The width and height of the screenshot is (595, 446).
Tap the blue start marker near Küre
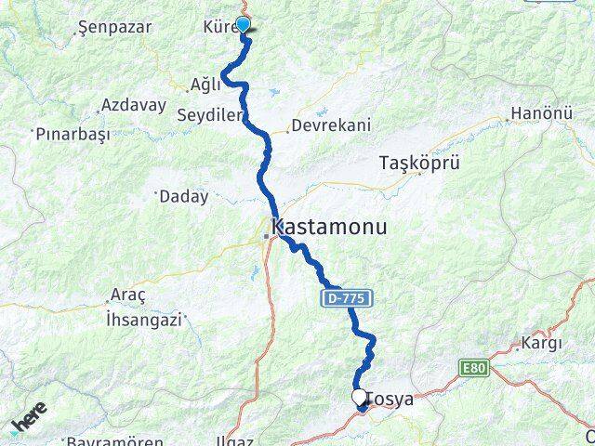[x=244, y=25]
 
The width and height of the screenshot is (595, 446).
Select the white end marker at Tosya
[x=360, y=397]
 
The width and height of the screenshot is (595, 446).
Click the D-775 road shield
[x=350, y=298]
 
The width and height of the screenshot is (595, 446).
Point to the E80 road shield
[x=473, y=368]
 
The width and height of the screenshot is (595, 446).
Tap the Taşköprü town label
[x=419, y=164]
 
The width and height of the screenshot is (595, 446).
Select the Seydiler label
[x=208, y=115]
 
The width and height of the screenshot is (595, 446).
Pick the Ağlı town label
[x=205, y=85]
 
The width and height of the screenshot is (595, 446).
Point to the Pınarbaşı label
[x=73, y=134]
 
